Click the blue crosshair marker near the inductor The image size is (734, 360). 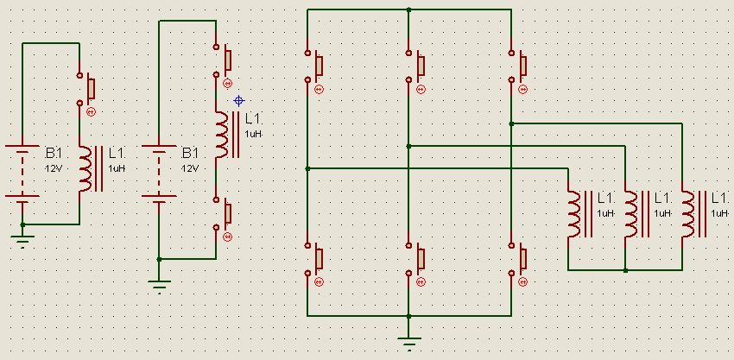point(239,100)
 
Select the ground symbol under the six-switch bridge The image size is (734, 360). point(409,340)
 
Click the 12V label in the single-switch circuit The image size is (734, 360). point(54,168)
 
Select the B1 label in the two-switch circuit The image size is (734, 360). point(190,153)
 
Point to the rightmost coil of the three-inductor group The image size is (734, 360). point(687,212)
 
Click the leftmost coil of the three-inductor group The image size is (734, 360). point(573,212)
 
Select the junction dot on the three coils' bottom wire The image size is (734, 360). point(625,270)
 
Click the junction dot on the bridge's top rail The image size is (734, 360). point(409,10)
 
